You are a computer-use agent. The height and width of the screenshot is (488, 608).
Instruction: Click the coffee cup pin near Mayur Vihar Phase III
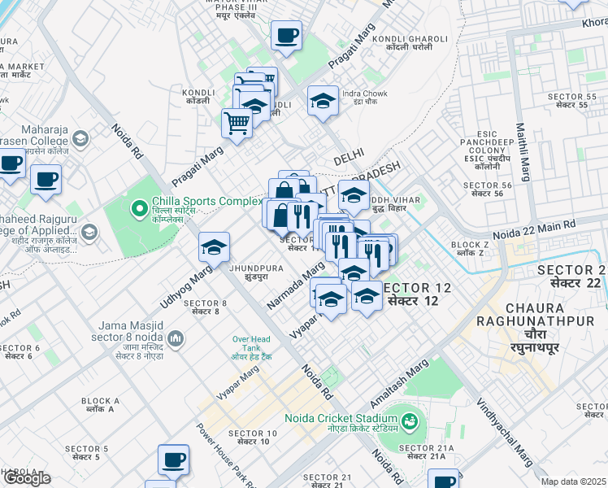click(x=285, y=37)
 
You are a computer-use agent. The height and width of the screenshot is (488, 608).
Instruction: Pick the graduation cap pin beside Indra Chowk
click(x=323, y=101)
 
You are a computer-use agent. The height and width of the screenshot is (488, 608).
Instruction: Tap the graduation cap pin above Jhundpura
click(x=214, y=247)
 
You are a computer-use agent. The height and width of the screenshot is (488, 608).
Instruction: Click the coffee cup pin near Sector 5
click(x=173, y=460)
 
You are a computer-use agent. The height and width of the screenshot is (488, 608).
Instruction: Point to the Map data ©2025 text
click(x=573, y=481)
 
